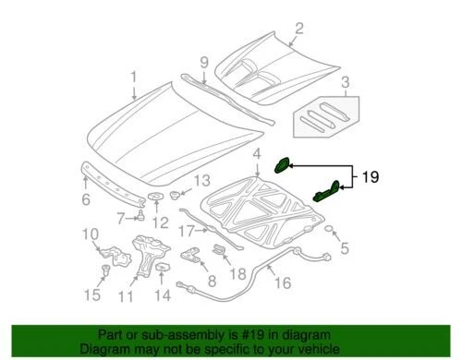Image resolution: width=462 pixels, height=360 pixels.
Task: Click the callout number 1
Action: point(133,78)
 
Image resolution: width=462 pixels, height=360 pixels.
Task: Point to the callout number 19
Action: point(369,175)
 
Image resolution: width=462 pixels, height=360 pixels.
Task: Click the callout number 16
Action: point(283,283)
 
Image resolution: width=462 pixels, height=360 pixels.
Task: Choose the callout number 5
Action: point(344,247)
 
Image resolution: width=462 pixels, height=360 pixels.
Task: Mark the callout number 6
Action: point(86,198)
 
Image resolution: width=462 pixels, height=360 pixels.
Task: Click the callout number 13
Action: point(202,180)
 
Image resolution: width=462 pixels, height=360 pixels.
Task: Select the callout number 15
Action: point(91,296)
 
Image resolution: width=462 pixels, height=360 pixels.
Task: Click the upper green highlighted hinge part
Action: point(283,164)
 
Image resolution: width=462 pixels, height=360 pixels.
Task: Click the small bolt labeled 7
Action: point(140,216)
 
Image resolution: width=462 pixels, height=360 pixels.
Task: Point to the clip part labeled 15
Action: point(103,270)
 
